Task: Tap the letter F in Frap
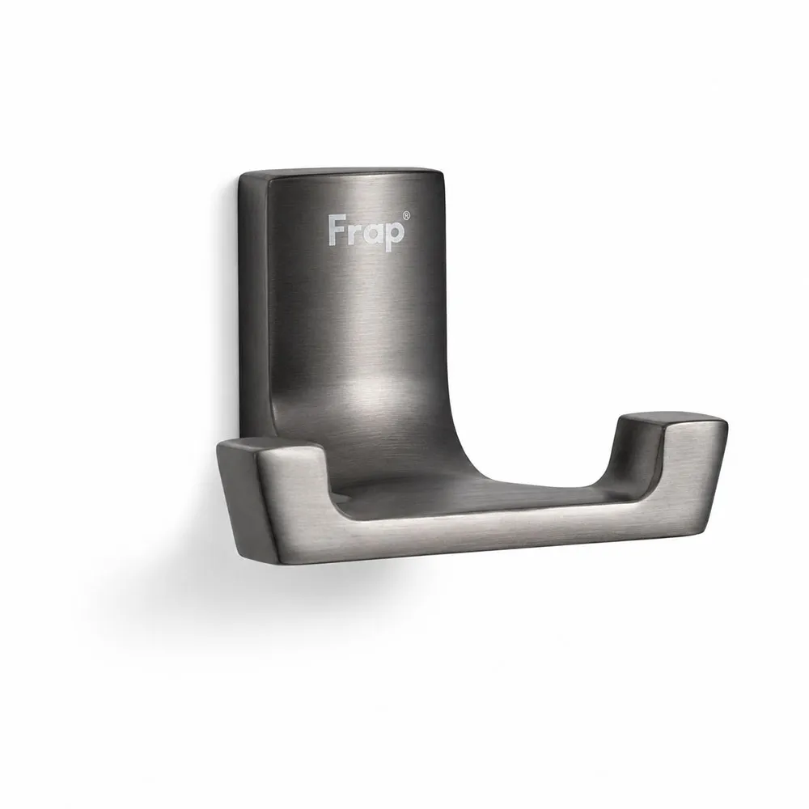coord(337,230)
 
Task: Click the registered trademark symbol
coord(407,215)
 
